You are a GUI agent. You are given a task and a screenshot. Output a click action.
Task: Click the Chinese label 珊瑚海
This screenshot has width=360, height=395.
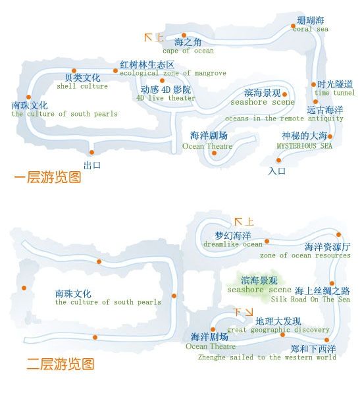point(310,20)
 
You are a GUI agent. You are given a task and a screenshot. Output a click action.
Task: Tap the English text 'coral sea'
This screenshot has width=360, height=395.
point(311,29)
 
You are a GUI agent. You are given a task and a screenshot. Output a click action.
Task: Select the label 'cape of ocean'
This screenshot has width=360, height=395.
point(188,51)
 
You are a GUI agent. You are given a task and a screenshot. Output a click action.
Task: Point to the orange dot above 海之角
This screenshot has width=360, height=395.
point(184,36)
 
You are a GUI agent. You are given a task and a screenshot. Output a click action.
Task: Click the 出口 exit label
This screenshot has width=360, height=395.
point(92,165)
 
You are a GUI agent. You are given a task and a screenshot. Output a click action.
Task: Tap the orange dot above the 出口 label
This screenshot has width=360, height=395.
point(91,153)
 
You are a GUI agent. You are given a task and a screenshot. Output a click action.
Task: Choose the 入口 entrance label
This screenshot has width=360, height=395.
point(277,171)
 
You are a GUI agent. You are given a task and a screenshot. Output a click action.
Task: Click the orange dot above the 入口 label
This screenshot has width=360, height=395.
point(278,160)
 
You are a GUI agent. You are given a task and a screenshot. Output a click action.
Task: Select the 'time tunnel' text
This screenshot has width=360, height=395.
point(335,93)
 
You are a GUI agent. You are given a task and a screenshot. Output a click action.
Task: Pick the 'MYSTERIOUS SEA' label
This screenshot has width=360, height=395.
point(304,145)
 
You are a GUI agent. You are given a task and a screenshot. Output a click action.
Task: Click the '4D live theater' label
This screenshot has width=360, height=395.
point(166,97)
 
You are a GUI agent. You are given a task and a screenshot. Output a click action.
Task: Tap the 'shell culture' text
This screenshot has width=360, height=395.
point(82,86)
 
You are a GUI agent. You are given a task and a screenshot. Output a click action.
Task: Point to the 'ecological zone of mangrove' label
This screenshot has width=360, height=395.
point(173,73)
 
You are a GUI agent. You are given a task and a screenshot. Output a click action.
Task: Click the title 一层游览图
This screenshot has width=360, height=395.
point(47,177)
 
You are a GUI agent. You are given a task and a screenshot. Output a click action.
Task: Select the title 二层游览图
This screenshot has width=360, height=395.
point(61,364)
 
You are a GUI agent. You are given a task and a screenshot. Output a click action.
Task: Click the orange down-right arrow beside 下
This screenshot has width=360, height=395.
point(249,312)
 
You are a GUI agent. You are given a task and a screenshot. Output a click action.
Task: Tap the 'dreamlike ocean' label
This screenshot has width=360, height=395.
point(233,244)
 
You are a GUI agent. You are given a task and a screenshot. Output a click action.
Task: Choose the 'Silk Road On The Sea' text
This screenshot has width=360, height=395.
point(311,300)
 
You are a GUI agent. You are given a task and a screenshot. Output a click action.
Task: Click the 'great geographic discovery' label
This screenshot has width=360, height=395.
point(278,330)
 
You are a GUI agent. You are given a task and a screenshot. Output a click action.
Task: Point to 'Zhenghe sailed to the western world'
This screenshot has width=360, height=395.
point(267,357)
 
